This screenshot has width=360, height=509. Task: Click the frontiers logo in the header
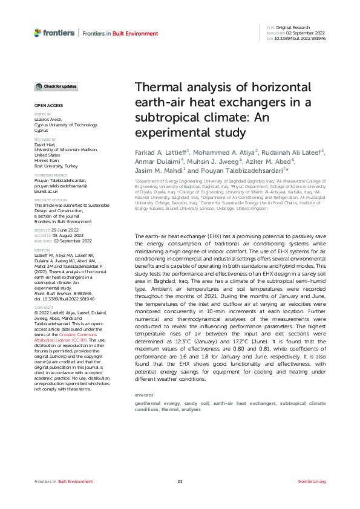[54, 33]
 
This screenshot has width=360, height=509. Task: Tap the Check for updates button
[56, 87]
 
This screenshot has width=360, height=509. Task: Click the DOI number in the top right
[301, 37]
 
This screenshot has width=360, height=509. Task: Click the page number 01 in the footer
[180, 481]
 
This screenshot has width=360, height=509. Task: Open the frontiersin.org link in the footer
[312, 481]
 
